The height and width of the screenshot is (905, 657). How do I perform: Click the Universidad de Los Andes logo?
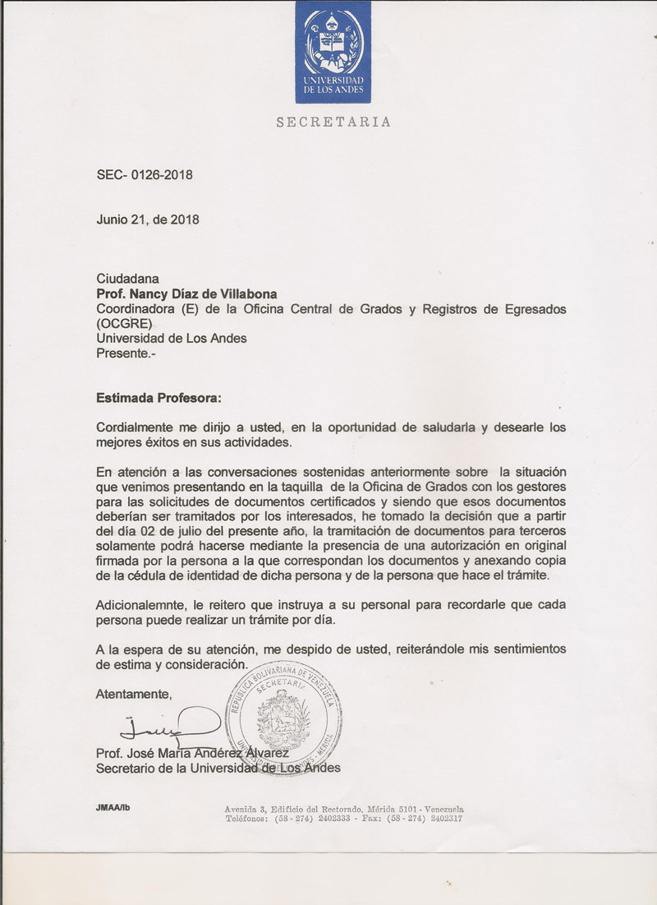pyautogui.click(x=333, y=51)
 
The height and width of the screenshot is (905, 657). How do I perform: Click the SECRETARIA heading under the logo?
pyautogui.click(x=333, y=122)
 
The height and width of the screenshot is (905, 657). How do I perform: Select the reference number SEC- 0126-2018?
pyautogui.click(x=145, y=174)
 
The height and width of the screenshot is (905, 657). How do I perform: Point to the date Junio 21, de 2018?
pyautogui.click(x=148, y=219)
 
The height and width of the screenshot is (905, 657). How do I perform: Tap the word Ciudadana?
pyautogui.click(x=127, y=279)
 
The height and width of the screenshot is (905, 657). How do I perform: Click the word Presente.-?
pyautogui.click(x=125, y=353)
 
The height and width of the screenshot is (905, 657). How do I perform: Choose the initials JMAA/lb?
pyautogui.click(x=113, y=807)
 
